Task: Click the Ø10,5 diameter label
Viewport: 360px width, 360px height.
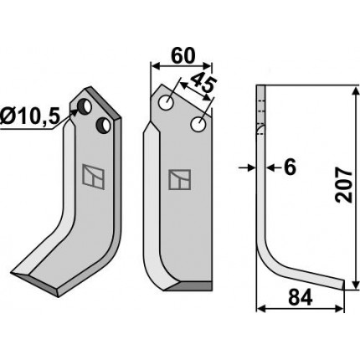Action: click(x=30, y=116)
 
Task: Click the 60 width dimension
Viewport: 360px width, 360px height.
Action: click(x=183, y=56)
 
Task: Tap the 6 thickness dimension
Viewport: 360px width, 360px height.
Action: click(x=290, y=167)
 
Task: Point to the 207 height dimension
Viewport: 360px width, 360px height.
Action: click(x=344, y=185)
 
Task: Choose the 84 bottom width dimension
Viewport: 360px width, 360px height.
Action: click(x=301, y=297)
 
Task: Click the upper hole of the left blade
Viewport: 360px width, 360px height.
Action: click(x=85, y=107)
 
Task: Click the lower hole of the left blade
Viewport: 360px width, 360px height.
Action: click(x=103, y=126)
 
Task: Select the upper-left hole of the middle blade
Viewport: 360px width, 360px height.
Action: click(x=167, y=102)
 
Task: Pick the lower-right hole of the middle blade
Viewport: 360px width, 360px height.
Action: click(x=198, y=124)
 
